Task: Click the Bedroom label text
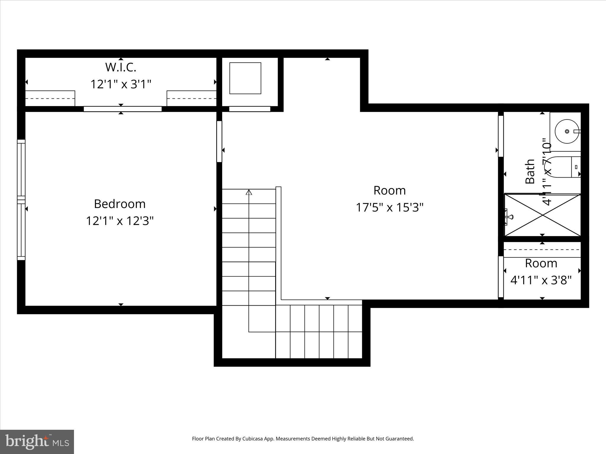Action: click(x=120, y=204)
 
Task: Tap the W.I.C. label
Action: click(x=121, y=67)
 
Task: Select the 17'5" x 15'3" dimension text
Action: click(x=389, y=207)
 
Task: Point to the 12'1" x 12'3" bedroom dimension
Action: click(x=120, y=221)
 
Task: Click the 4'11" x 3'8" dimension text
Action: click(x=541, y=280)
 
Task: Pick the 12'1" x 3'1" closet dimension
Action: click(x=121, y=84)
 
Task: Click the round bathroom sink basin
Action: click(x=567, y=131)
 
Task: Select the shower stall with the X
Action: click(x=542, y=215)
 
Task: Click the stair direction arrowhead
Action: click(x=249, y=192)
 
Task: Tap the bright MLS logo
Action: click(x=37, y=442)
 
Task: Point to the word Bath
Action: click(x=530, y=171)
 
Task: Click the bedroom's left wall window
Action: click(x=21, y=200)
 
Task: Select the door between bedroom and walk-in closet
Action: click(x=123, y=109)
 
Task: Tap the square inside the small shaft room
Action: click(x=245, y=78)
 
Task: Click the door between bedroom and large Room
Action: click(x=219, y=141)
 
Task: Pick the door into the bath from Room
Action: click(x=501, y=136)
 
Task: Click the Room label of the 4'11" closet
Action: click(x=541, y=263)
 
